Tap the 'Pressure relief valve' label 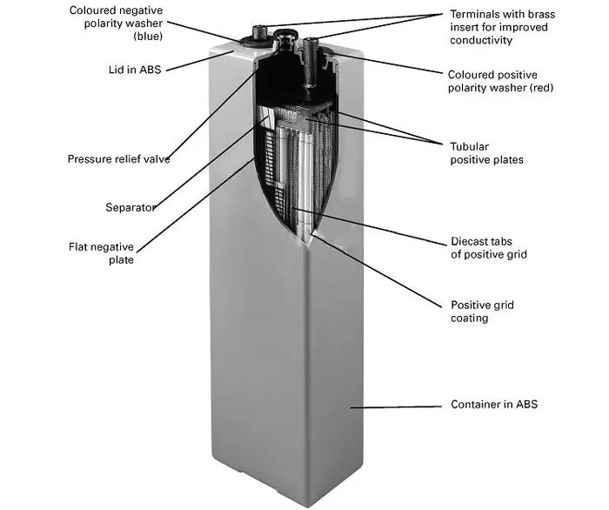pos(118,159)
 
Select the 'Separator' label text pos(130,207)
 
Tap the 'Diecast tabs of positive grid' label pos(489,248)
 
